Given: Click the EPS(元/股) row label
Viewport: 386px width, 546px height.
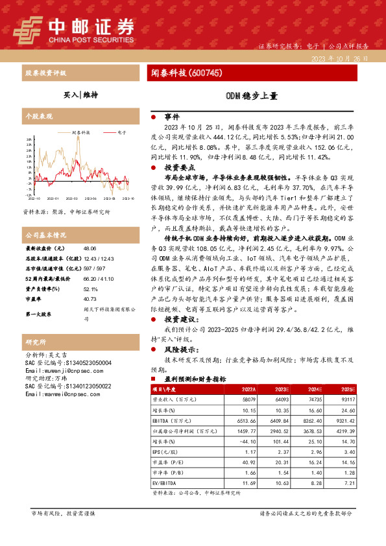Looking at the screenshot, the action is (x=167, y=452).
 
